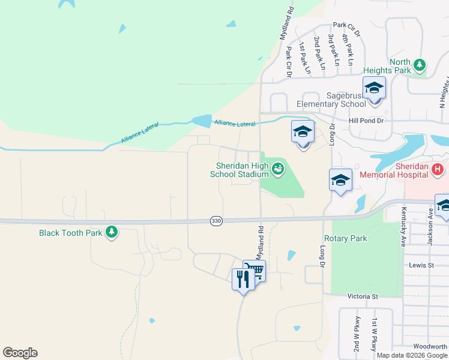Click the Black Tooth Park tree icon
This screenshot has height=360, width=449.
pyautogui.click(x=111, y=232)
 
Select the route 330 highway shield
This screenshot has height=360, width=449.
pyautogui.click(x=216, y=221)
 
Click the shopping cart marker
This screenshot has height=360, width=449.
pyautogui.click(x=255, y=271)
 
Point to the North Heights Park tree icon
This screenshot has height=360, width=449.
pyautogui.click(x=420, y=66)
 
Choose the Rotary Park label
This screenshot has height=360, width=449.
pyautogui.click(x=345, y=238)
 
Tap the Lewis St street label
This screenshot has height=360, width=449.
pyautogui.click(x=421, y=265)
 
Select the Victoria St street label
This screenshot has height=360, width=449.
pyautogui.click(x=363, y=296)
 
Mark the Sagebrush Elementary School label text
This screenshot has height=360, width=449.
pyautogui.click(x=346, y=100)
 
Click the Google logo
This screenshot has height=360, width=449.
pyautogui.click(x=20, y=353)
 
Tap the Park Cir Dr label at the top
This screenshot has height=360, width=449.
pyautogui.click(x=346, y=26)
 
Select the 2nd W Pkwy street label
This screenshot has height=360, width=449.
pyautogui.click(x=357, y=334)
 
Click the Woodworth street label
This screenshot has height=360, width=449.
pyautogui.click(x=430, y=346)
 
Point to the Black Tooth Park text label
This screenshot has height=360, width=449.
pyautogui.click(x=71, y=233)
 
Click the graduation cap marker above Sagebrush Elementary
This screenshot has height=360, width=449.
pyautogui.click(x=374, y=88)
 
